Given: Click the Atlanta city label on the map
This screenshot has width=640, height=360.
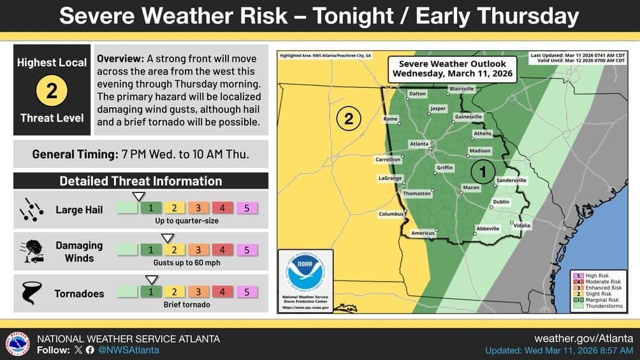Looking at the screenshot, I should tap(419, 144).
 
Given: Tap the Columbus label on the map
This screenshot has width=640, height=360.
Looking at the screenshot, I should tap(391, 214).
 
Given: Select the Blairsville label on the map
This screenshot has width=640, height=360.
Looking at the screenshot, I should tap(462, 89).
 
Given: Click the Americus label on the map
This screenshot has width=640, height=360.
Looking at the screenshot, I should tap(423, 233).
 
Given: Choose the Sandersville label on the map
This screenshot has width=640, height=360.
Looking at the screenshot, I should tap(511, 180).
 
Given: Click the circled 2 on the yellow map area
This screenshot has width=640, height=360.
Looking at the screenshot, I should tap(349, 119).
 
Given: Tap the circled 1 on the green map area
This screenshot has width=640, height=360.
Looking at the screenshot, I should tap(483, 171).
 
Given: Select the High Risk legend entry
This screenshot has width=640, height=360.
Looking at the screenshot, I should tap(597, 276).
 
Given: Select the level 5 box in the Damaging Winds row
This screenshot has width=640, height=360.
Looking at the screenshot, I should tap(246, 250).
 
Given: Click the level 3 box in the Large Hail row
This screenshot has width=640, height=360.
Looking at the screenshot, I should tap(198, 208).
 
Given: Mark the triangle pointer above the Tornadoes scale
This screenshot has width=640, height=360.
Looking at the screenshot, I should tap(152, 280).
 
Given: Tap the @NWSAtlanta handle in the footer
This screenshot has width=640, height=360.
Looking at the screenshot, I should tap(129, 350).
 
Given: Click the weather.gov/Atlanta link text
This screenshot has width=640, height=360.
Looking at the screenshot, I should tap(583, 338).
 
